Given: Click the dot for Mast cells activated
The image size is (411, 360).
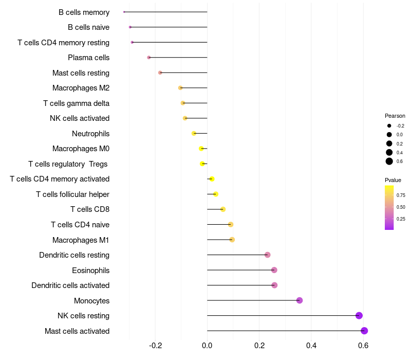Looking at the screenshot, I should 364,331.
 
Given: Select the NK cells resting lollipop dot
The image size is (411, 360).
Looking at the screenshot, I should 359,316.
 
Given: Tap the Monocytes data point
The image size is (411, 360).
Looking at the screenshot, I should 300,300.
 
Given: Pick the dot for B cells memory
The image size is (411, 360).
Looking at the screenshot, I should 124,12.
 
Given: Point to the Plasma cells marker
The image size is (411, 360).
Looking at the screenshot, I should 149,58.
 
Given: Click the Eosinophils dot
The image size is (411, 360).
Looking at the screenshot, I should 274,270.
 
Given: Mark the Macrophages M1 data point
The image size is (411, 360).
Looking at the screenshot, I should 232,240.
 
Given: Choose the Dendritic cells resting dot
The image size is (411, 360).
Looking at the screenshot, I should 267,255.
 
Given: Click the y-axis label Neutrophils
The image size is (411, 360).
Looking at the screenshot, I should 90,134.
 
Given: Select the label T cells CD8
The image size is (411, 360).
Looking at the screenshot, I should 89,209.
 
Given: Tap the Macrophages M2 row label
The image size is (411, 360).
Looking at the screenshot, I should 81,88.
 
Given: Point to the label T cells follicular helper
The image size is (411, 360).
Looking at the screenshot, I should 72,194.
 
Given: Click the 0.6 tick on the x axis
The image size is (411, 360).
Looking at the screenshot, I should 363,346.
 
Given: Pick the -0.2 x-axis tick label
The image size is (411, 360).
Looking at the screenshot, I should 155,346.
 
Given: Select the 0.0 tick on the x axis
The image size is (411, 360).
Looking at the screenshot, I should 207,346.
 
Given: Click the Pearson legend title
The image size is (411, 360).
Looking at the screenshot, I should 395,116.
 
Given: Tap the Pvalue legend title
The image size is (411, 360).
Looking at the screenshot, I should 393,180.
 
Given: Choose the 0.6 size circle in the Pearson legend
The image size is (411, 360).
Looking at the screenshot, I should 389,161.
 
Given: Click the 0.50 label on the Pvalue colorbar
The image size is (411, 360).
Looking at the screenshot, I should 401,207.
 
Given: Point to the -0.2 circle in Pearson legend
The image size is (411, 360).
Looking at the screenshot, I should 389,125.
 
